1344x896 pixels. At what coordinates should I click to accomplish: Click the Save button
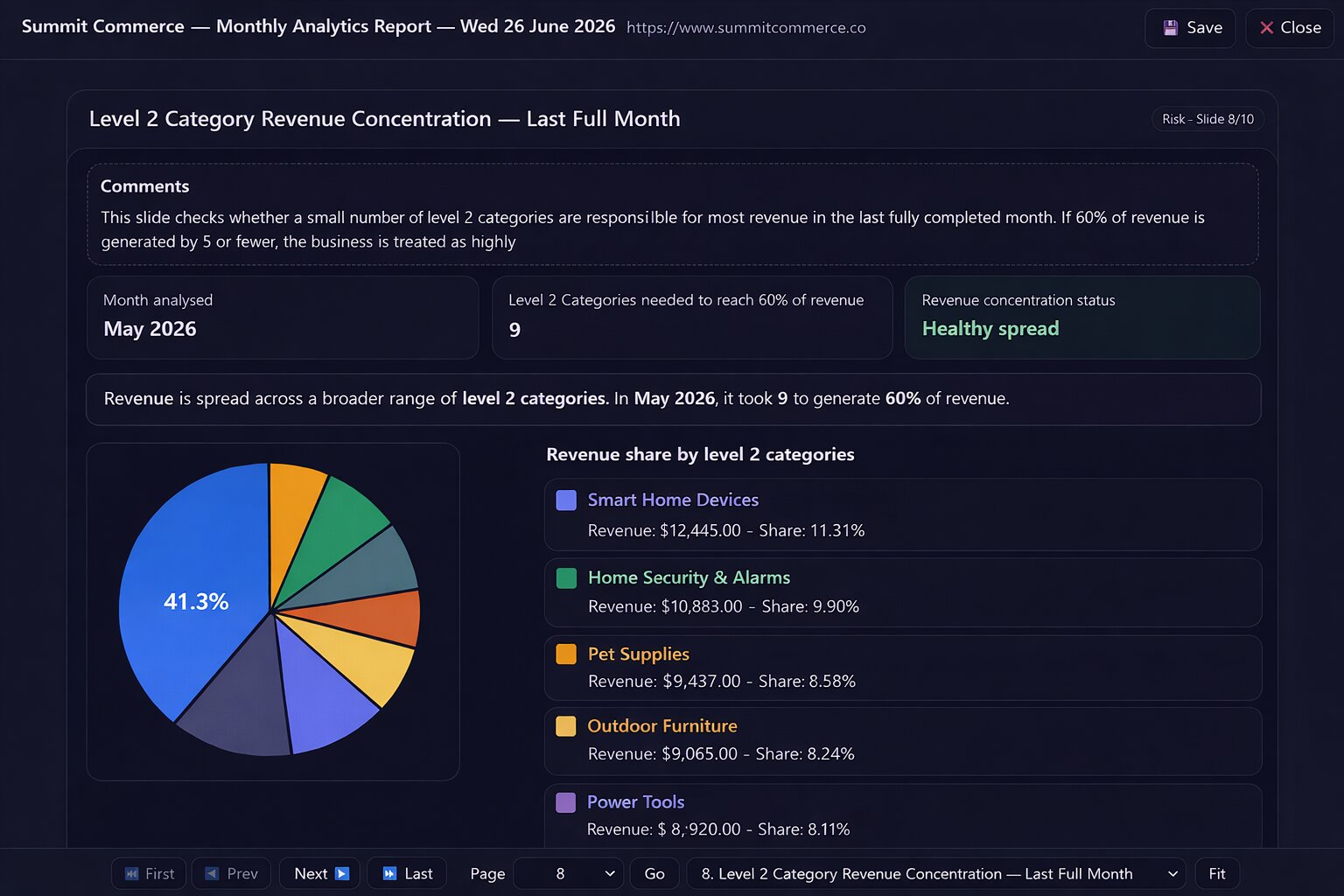[x=1190, y=28]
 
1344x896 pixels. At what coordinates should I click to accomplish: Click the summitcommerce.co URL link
[x=745, y=28]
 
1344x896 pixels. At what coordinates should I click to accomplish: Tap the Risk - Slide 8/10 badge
[x=1207, y=119]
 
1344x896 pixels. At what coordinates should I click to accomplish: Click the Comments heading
[x=144, y=186]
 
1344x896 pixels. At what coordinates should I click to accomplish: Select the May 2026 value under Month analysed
[x=150, y=329]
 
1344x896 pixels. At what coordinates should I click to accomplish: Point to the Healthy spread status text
[x=990, y=329]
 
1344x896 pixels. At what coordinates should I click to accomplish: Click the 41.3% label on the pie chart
[x=196, y=601]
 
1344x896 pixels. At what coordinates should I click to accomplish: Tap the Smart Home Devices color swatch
[x=566, y=500]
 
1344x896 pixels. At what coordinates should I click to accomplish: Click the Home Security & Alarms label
[x=689, y=577]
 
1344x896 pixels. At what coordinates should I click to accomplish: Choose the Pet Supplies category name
[x=639, y=654]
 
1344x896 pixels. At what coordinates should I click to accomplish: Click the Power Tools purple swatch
[x=565, y=802]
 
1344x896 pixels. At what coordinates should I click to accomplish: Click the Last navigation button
[x=407, y=874]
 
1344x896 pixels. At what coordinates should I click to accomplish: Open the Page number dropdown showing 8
[x=568, y=874]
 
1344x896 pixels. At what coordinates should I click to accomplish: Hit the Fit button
[x=1217, y=874]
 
